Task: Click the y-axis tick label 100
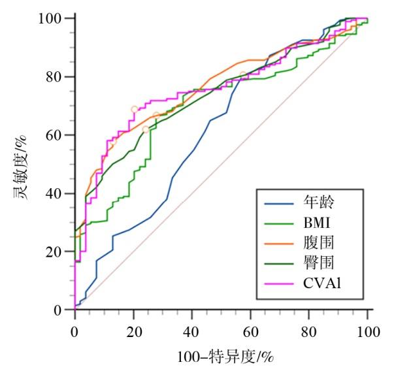(56, 18)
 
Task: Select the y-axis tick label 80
(59, 77)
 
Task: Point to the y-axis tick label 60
(59, 135)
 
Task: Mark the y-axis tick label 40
(59, 193)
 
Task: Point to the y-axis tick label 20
(59, 252)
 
